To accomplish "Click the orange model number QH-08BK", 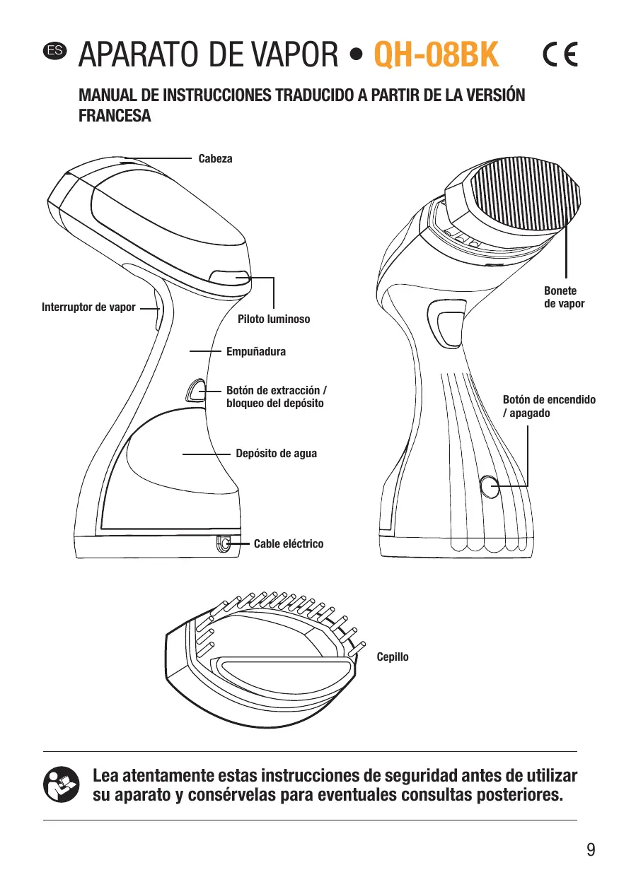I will point(436,54).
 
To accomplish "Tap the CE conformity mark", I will point(560,54).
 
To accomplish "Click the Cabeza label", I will point(215,159).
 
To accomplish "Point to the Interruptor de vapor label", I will point(88,307).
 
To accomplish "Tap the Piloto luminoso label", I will point(274,319).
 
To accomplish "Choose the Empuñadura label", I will point(256,351).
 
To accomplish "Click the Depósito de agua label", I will point(276,454).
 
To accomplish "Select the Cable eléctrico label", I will point(289,544).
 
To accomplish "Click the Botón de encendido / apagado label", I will point(549,406).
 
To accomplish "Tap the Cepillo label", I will point(393,657).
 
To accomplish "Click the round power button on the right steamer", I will point(490,486).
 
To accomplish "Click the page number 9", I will point(591,850).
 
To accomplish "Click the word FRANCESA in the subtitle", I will point(114,115).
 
